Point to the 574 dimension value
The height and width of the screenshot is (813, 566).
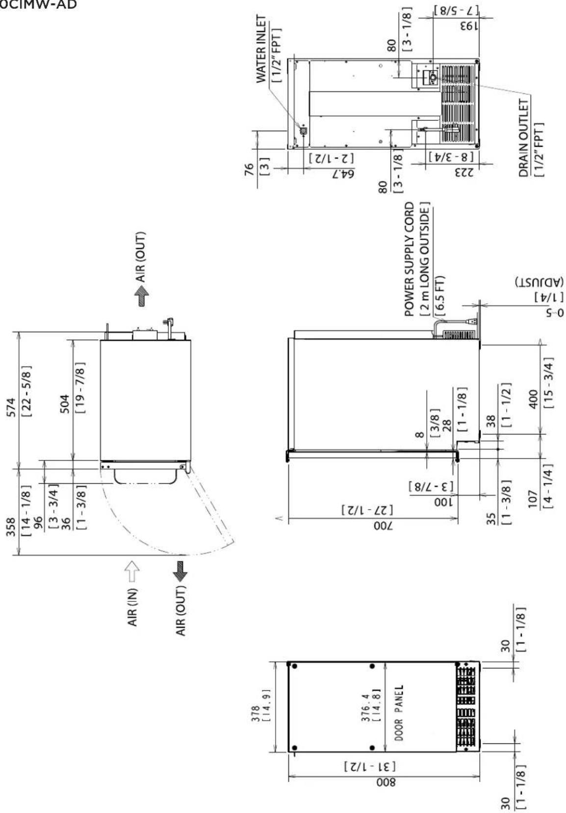coord(11,407)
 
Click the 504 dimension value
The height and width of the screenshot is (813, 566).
coord(64,404)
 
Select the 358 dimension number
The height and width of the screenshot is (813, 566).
coord(11,527)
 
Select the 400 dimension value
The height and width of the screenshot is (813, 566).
coord(533,399)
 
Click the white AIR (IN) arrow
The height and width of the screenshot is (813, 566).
coord(131,571)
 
